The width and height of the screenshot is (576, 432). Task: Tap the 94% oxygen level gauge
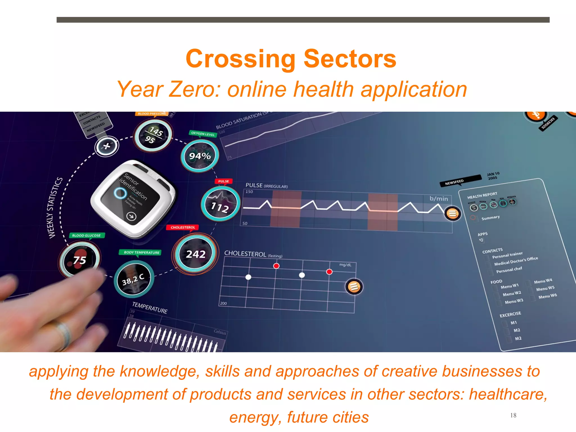click(x=200, y=156)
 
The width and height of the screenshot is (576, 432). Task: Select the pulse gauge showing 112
click(x=220, y=204)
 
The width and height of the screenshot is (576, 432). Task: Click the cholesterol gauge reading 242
click(x=195, y=253)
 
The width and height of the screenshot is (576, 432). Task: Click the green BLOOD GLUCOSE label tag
click(x=87, y=235)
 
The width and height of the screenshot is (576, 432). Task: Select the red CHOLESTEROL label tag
click(x=183, y=227)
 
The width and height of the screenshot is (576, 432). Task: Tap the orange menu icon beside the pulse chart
click(x=453, y=214)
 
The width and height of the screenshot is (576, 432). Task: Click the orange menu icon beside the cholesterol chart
click(x=354, y=287)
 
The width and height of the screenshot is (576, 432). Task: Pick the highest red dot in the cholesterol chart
click(x=276, y=266)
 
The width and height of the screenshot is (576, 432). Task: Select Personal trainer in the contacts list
click(x=507, y=255)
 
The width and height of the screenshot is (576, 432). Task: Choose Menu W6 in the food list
click(x=547, y=296)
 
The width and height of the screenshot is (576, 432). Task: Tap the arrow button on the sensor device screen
click(x=131, y=216)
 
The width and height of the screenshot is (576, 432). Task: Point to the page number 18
click(x=513, y=415)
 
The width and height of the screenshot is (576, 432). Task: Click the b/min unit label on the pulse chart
click(x=438, y=199)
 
